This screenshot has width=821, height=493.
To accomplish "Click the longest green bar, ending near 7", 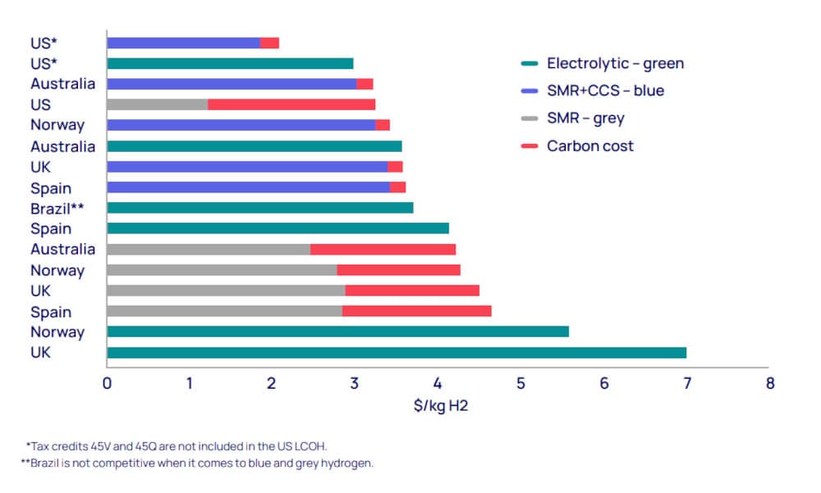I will tap(397, 352).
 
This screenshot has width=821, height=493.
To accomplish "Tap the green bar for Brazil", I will tap(259, 208).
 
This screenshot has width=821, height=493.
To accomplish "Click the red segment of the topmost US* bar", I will tap(269, 43).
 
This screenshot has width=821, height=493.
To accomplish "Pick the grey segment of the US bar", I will tap(157, 104).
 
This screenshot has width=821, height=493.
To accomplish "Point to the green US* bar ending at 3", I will tap(230, 63).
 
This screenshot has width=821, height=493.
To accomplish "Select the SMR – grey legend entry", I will tap(585, 118).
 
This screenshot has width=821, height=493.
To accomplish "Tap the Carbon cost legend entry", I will tap(590, 146).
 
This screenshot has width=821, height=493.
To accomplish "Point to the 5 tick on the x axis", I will tap(521, 383).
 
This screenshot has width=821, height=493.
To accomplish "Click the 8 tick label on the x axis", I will tap(769, 383).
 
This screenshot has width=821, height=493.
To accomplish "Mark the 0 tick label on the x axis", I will tap(107, 383).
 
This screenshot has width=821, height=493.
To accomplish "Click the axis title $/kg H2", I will tap(438, 404).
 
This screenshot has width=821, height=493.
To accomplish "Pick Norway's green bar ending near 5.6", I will tap(337, 332).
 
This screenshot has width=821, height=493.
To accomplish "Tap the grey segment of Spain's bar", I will tap(224, 311).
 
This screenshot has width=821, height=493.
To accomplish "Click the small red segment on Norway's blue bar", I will tap(383, 125).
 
